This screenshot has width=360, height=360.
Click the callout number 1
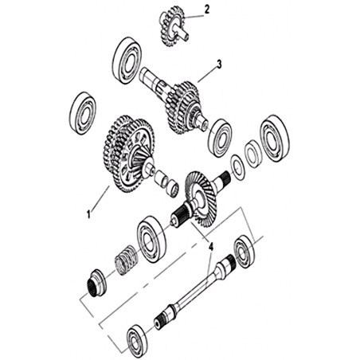(x=89, y=214)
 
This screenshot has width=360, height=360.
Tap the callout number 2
(x=207, y=10)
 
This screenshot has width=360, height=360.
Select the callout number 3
(x=218, y=65)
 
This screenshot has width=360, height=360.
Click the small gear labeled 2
(x=173, y=26)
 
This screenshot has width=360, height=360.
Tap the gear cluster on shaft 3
(x=183, y=108)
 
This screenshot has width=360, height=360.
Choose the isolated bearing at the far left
(x=83, y=114)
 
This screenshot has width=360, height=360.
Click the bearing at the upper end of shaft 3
(x=127, y=61)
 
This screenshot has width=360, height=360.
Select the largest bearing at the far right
(x=275, y=139)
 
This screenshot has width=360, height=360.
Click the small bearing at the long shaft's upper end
(x=245, y=251)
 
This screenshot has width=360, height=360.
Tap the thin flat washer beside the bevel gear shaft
(x=237, y=167)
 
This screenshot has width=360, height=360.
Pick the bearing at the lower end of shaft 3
(x=220, y=139)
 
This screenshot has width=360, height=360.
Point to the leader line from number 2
(x=194, y=17)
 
